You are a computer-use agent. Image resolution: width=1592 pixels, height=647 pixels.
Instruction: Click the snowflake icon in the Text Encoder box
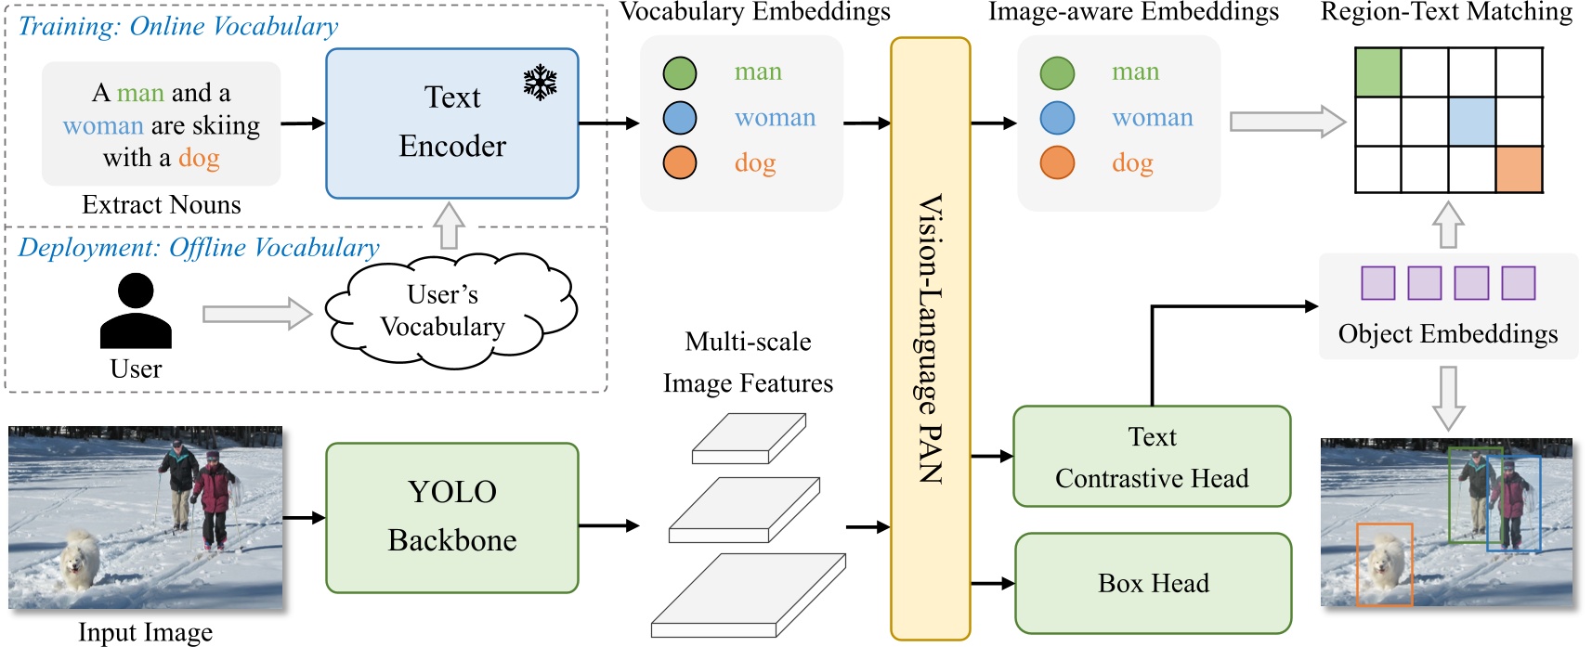(x=540, y=83)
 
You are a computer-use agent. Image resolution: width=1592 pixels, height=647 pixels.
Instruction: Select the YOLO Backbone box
(x=452, y=517)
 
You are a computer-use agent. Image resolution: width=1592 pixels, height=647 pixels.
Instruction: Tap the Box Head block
(x=1153, y=583)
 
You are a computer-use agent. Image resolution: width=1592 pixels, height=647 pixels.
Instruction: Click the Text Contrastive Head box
(x=1152, y=457)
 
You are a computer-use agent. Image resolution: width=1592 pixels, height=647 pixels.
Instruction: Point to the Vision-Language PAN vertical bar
(x=930, y=339)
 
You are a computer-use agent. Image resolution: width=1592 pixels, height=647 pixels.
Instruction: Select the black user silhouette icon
(x=136, y=312)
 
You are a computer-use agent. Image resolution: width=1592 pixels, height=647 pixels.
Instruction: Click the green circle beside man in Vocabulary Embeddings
(x=680, y=72)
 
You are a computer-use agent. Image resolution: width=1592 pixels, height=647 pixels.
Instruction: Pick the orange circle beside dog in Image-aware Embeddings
(x=1057, y=162)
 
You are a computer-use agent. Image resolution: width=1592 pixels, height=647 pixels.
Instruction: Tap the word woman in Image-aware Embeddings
(x=1152, y=118)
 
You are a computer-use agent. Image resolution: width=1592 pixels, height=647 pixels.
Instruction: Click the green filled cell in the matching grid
(x=1377, y=72)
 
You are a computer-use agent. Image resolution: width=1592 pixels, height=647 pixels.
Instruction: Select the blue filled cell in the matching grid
(x=1471, y=121)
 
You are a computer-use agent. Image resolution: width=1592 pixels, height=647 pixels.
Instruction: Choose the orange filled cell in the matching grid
(x=1519, y=169)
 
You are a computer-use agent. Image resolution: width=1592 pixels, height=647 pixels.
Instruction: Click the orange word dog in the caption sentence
(x=199, y=158)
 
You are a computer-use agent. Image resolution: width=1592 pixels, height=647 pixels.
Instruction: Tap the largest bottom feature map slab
(x=748, y=596)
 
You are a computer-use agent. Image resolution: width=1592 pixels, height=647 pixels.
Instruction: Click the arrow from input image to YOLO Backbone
(x=304, y=518)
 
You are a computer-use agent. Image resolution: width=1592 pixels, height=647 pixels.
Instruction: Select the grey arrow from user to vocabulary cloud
(x=257, y=314)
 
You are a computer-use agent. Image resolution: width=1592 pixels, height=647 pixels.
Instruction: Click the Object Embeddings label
(x=1447, y=334)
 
